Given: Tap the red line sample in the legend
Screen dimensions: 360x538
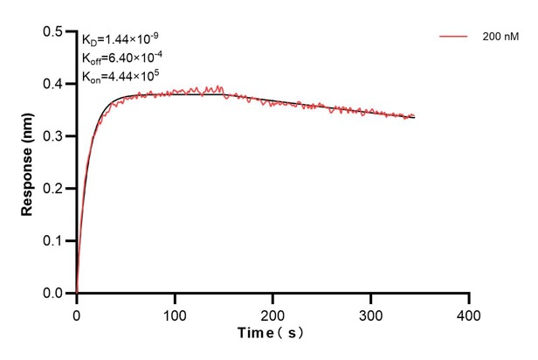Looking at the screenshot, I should coord(454,37).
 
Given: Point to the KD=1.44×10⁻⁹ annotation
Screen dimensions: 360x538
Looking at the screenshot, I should coord(120,39).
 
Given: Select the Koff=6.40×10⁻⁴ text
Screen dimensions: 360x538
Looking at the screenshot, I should coord(121,58).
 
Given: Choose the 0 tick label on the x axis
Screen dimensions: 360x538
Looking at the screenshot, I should coord(77,314).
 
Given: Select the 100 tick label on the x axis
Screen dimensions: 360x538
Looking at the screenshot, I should coord(175,314).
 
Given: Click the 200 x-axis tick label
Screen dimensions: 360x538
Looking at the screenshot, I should coord(272,314).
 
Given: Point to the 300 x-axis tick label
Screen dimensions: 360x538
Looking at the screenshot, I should coord(371,314).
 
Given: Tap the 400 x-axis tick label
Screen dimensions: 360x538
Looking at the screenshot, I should coord(469,314).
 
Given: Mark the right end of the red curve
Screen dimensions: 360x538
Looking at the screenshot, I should coord(414,116).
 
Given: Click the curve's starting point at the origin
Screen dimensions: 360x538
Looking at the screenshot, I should coord(77,293).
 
